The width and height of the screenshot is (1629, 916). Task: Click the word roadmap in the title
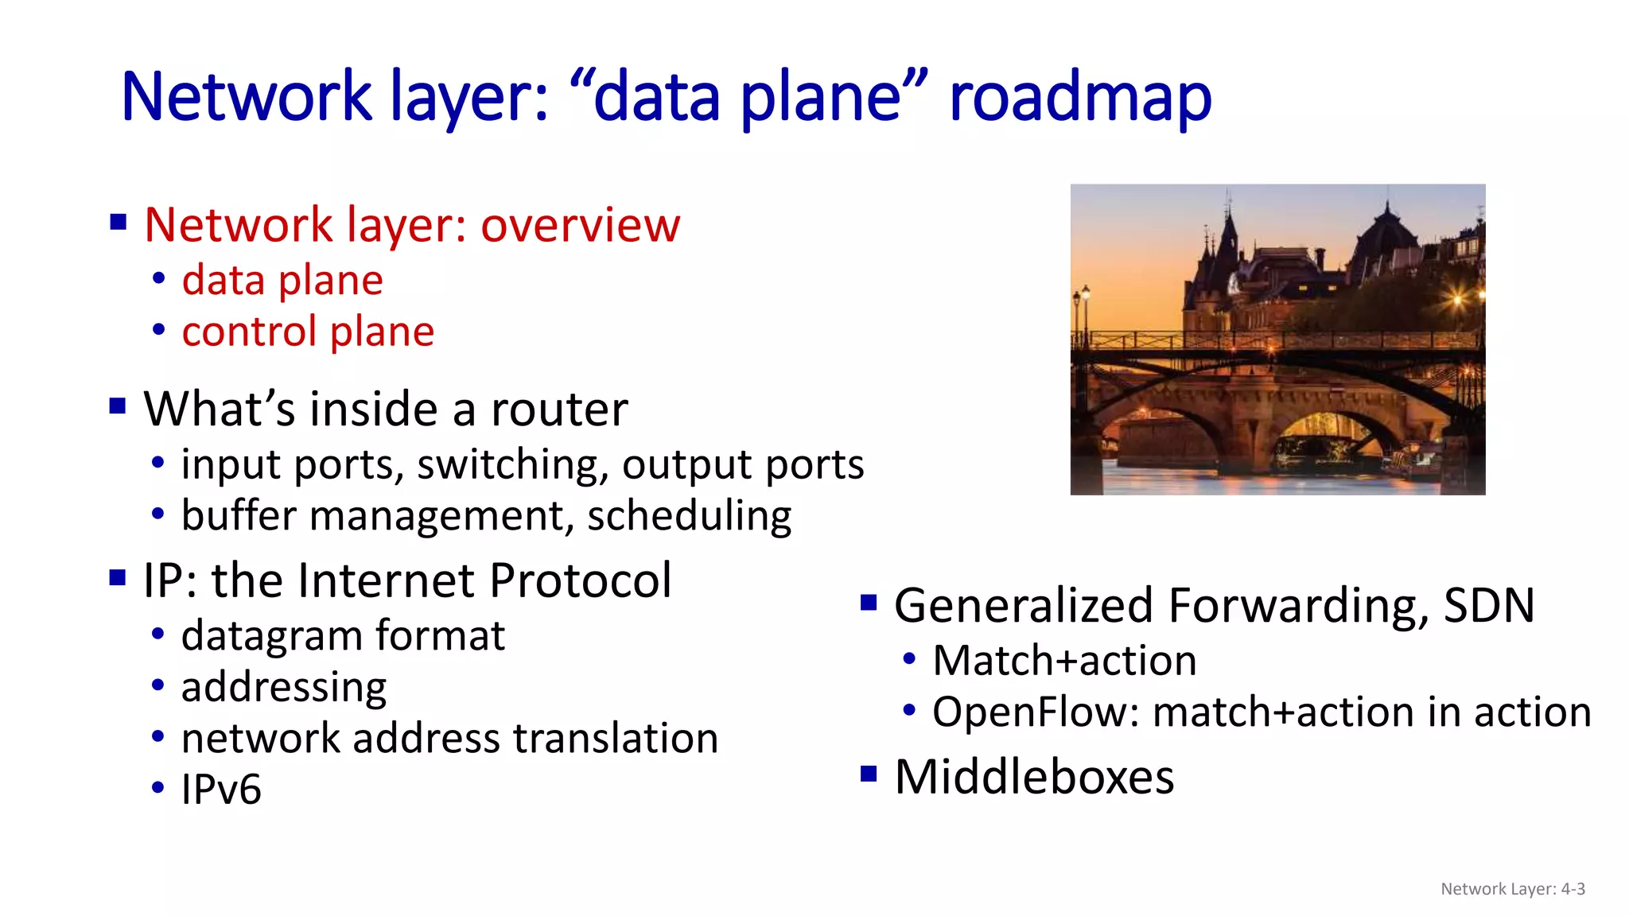click(1079, 98)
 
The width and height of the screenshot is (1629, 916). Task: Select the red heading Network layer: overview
click(412, 225)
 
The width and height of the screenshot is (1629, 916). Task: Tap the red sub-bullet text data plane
click(282, 281)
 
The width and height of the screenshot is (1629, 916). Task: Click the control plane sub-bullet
click(308, 332)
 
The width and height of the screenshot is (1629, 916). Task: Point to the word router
click(559, 409)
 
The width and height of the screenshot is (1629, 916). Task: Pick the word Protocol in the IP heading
click(580, 580)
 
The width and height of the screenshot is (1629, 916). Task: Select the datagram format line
click(343, 636)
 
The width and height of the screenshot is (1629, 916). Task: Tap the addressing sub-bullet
click(284, 688)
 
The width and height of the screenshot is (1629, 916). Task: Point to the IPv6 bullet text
click(221, 790)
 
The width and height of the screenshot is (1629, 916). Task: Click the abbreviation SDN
click(1489, 606)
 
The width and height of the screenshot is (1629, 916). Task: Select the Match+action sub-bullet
click(1064, 662)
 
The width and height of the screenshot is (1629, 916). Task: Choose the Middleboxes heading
click(1034, 777)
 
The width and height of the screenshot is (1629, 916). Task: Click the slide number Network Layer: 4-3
click(1512, 889)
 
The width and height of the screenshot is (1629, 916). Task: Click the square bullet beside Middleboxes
click(869, 774)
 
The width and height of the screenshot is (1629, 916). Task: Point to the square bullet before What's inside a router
click(118, 406)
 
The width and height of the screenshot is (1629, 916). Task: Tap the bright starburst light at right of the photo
click(1457, 299)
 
